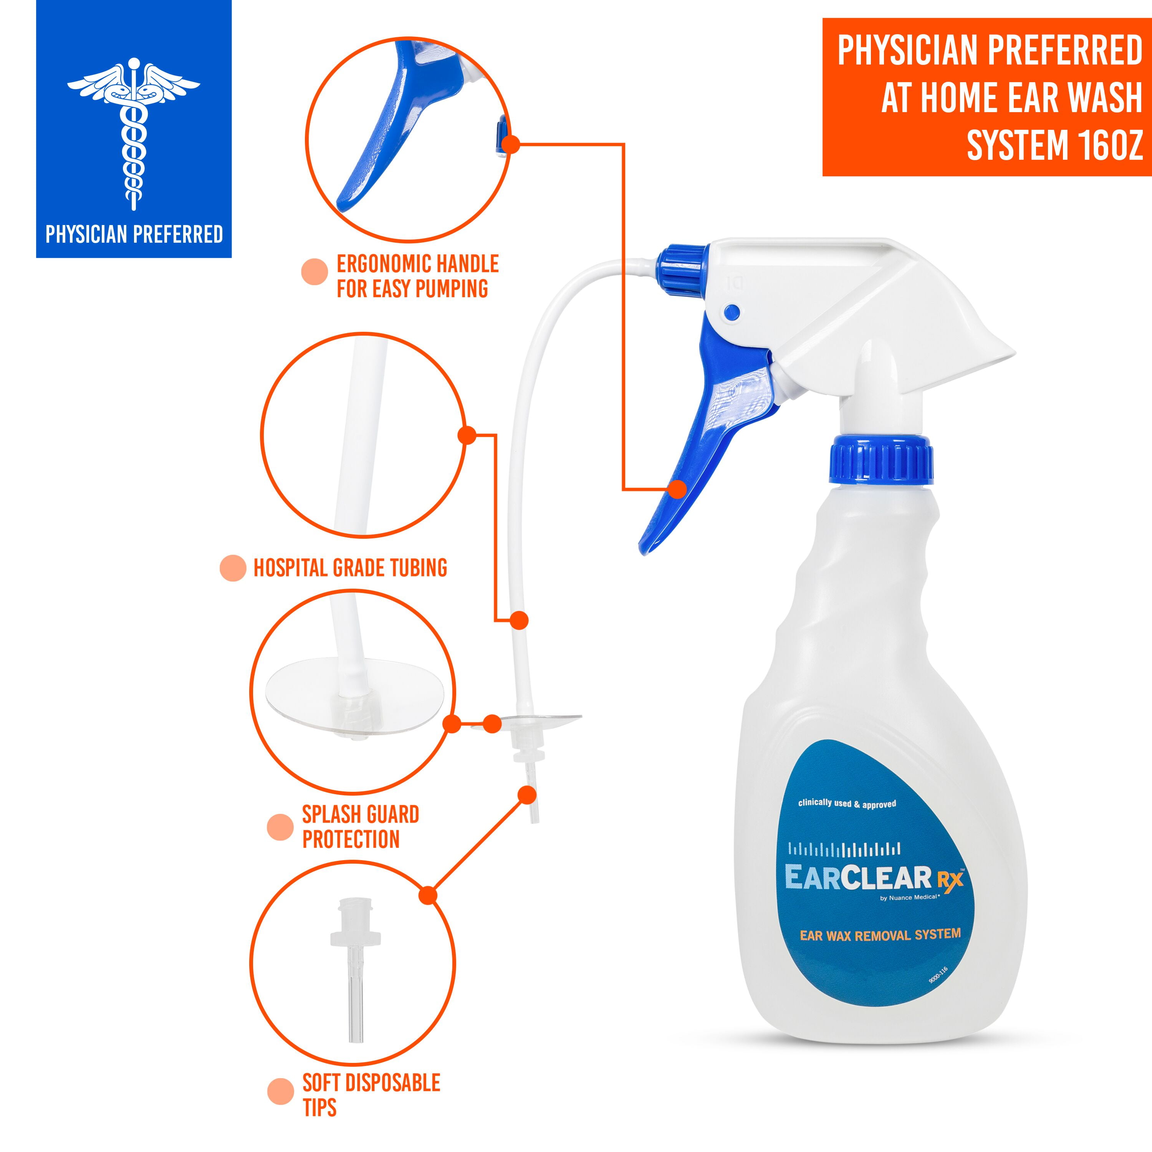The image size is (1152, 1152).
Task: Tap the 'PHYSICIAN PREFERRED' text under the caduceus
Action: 134,234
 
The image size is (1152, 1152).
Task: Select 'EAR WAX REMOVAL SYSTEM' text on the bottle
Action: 880,934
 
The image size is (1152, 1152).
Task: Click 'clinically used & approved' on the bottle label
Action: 847,804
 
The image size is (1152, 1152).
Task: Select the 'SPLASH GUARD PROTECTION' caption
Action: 360,826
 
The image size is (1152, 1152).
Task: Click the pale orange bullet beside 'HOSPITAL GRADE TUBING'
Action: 233,568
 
